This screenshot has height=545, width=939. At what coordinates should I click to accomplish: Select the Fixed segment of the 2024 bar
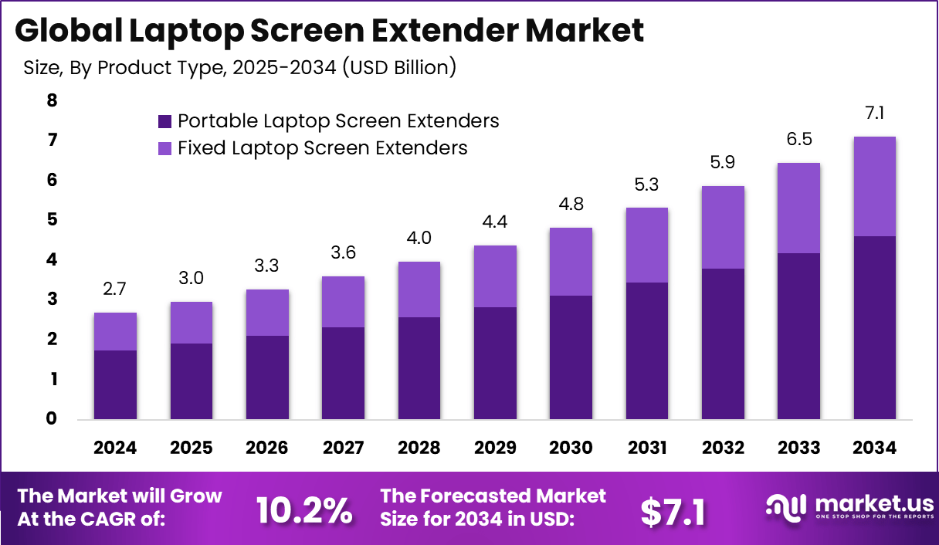click(x=115, y=331)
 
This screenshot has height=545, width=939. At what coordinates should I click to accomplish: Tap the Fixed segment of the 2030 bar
click(x=571, y=262)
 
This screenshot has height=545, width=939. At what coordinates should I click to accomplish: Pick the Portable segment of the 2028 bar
click(x=419, y=368)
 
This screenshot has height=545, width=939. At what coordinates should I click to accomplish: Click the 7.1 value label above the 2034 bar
click(x=874, y=113)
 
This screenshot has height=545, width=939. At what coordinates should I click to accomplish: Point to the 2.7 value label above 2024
click(x=115, y=289)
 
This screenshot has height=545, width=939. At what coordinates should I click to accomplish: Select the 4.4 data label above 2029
click(x=495, y=222)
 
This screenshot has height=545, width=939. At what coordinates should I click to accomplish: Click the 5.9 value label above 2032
click(x=723, y=163)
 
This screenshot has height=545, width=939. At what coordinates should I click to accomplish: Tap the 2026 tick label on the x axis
click(x=267, y=448)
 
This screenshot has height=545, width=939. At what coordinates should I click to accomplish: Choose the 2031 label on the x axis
click(x=647, y=448)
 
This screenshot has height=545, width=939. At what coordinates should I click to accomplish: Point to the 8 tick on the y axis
click(x=52, y=100)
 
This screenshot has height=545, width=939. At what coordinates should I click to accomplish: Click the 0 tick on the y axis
click(x=52, y=419)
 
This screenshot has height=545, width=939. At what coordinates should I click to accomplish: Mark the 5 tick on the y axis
click(x=52, y=220)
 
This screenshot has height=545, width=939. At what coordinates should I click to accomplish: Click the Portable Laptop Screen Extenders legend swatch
click(x=164, y=121)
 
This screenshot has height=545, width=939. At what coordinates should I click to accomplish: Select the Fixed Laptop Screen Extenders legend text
click(x=322, y=147)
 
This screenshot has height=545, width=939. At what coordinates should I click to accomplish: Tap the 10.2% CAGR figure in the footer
click(x=303, y=509)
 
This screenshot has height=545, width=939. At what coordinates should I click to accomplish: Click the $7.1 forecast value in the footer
click(x=673, y=511)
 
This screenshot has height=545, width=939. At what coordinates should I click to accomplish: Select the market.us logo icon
click(x=785, y=506)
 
